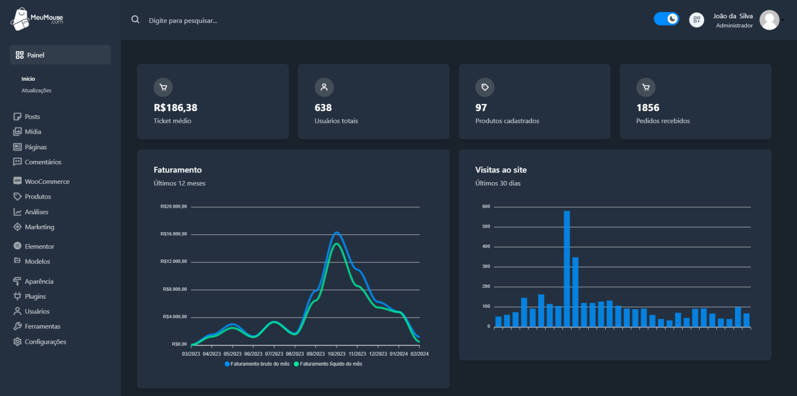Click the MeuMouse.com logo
pos(36,19)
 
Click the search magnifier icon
pos(135,19)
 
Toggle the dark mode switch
pos(666,19)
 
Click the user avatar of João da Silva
pos(769,20)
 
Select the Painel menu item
pos(60,55)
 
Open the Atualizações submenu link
pos(36,90)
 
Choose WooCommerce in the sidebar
pos(47,181)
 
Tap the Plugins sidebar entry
pos(35,296)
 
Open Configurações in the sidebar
pos(45,342)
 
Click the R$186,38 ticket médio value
pos(175,108)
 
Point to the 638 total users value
pos(323,108)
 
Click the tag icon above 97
pos(485,87)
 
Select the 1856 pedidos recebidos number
pos(648,108)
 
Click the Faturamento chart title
pos(178,170)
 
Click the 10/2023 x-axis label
pos(336,353)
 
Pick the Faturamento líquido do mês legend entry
pos(328,364)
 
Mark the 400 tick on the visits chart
pos(486,246)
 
